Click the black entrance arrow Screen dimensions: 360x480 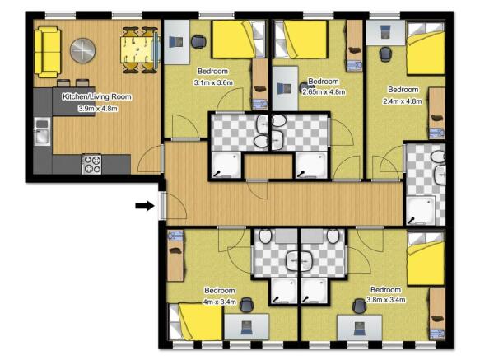[x=144, y=206]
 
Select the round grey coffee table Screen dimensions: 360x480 [x=82, y=51]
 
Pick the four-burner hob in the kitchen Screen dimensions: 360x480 [x=91, y=164]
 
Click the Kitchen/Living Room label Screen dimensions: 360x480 [x=97, y=96]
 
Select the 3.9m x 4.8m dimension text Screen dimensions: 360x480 [x=97, y=108]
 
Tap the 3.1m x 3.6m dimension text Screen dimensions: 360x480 [x=214, y=82]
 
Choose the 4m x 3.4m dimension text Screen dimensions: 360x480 [x=220, y=302]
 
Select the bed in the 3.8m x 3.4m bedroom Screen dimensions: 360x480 [x=427, y=259]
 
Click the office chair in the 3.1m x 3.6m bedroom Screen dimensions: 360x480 [x=198, y=41]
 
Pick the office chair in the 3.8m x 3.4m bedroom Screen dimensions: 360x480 [x=358, y=306]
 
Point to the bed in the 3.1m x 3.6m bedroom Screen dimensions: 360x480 [x=237, y=40]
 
